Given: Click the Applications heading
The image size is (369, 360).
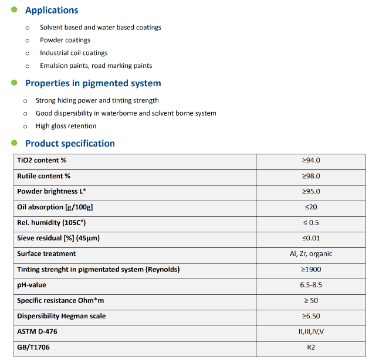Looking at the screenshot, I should (x=52, y=11).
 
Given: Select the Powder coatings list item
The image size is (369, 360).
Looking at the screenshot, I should (x=65, y=40).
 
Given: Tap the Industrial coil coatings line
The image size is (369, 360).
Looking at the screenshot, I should (x=74, y=53).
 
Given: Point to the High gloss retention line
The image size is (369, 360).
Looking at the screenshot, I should (x=66, y=126).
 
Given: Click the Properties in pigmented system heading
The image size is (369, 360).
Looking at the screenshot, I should (x=93, y=83).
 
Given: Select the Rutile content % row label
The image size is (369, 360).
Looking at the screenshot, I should (x=44, y=176).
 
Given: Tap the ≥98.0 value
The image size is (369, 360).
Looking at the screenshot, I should (x=311, y=176).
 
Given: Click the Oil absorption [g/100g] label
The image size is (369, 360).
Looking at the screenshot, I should (x=55, y=207).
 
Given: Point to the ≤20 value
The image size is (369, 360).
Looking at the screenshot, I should (x=311, y=207).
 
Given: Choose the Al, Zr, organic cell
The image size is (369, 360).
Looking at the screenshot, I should (x=311, y=254).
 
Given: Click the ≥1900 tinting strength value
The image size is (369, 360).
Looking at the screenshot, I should (x=311, y=270).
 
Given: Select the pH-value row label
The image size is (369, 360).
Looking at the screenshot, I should (x=32, y=285).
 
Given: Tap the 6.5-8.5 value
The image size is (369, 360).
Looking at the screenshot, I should (x=311, y=285).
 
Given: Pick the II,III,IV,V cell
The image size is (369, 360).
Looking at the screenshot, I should (x=311, y=332).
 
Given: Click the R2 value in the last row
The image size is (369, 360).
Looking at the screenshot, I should (x=311, y=347).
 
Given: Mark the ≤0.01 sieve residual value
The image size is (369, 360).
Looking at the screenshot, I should (x=311, y=238).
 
